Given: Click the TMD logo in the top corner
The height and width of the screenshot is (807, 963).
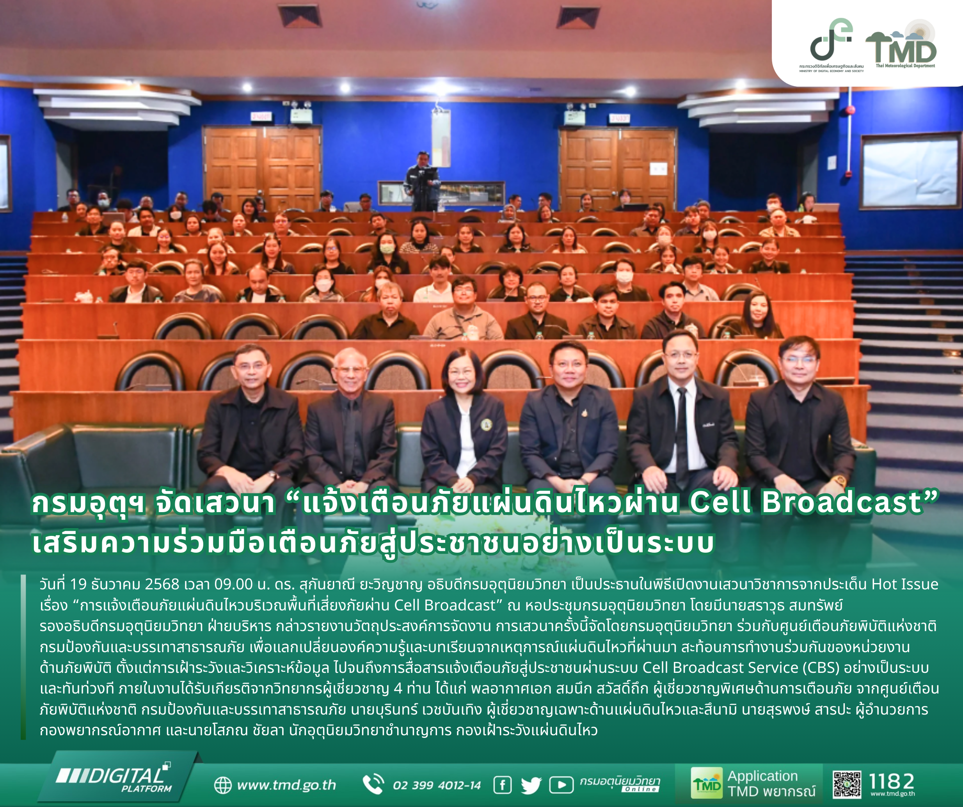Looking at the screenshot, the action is click(x=901, y=44).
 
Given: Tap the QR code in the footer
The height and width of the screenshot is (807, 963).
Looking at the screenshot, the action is click(x=846, y=784).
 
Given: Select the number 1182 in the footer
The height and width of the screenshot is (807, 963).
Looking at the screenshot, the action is click(x=892, y=781).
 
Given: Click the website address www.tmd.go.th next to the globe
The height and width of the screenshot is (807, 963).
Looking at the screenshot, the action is click(x=287, y=785).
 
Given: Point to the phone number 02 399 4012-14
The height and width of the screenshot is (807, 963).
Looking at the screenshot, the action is click(x=437, y=786).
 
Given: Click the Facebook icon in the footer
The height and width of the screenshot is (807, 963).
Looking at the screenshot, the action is click(x=503, y=785).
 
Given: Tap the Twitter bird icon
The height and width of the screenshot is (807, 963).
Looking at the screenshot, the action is click(x=531, y=786).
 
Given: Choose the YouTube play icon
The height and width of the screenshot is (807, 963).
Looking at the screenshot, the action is click(x=561, y=785).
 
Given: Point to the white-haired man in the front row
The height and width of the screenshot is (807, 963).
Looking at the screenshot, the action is click(x=350, y=426).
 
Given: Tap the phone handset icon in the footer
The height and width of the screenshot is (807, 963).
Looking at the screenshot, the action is click(x=373, y=784).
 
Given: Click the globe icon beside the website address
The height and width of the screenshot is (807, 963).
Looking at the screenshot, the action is click(x=223, y=785).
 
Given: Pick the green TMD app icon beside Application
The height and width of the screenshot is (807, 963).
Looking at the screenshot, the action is click(x=707, y=783).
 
